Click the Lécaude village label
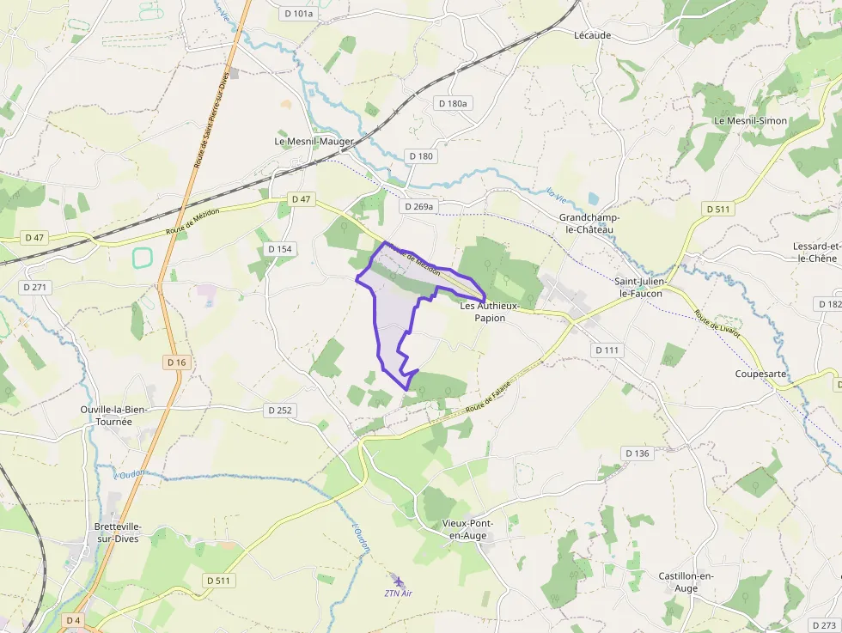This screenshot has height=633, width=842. tap(592, 35)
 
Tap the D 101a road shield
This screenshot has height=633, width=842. tap(299, 13)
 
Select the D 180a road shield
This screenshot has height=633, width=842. tap(454, 103)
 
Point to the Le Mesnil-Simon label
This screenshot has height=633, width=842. tap(750, 120)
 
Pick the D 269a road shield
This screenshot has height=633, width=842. tap(419, 206)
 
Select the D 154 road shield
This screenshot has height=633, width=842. tap(280, 249)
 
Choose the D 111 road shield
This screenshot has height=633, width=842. tap(607, 350)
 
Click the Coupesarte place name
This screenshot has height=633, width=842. tap(761, 374)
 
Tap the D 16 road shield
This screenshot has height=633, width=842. tap(176, 362)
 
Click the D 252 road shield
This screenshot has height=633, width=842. tap(280, 411)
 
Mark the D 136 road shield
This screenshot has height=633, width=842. tap(638, 453)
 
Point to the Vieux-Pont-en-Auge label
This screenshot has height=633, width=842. tap(464, 529)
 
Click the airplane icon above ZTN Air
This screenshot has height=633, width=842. tap(395, 579)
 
